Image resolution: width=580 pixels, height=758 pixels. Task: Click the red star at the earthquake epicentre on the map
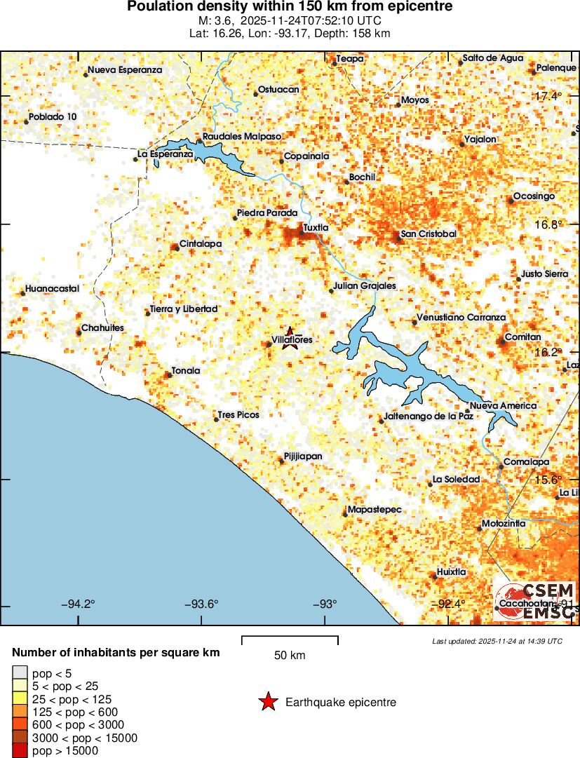(289, 333)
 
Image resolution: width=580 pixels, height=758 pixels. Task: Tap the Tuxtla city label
(316, 227)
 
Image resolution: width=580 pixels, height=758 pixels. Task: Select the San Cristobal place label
(429, 234)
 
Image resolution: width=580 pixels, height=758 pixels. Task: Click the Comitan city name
(523, 337)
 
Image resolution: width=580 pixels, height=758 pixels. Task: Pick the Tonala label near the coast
(186, 370)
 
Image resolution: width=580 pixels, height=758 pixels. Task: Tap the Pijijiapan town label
(302, 456)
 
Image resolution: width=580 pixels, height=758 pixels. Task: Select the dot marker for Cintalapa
(175, 248)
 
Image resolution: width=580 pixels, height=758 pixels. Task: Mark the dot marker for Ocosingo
(511, 201)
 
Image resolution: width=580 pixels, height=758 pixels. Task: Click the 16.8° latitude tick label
(548, 225)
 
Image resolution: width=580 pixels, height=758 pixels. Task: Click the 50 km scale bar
(290, 639)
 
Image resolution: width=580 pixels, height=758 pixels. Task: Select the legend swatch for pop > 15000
(20, 750)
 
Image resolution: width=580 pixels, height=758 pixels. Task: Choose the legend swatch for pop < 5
(20, 674)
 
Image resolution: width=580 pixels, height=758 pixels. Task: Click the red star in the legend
(268, 702)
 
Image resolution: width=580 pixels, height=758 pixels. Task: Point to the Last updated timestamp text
(497, 641)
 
